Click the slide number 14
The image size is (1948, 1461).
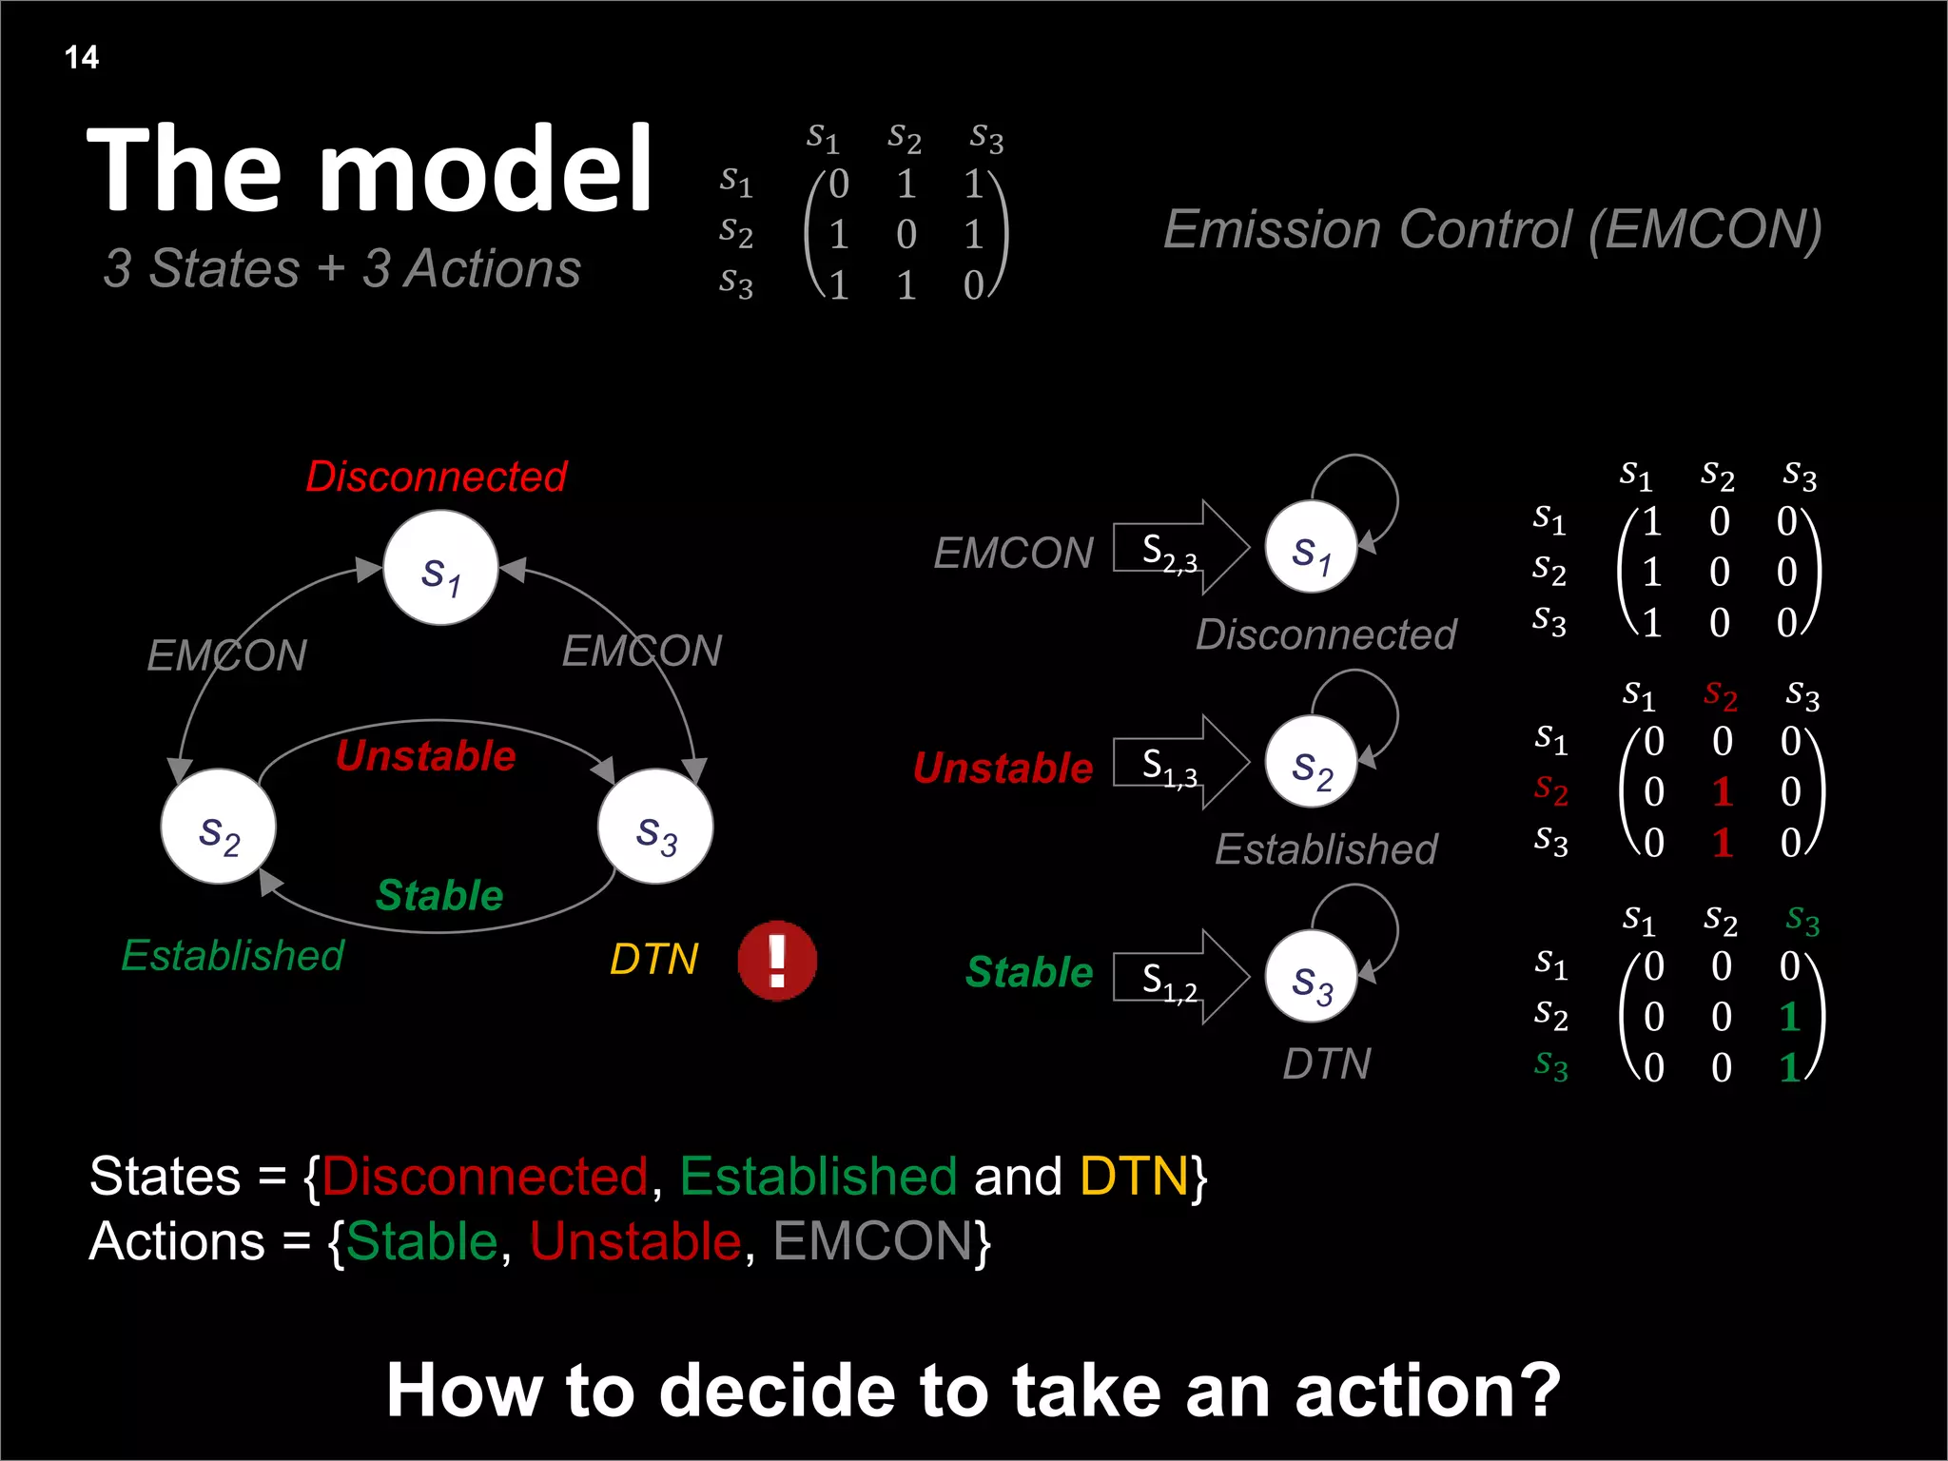point(82,57)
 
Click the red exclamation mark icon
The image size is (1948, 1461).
point(777,961)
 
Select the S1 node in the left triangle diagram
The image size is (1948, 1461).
point(440,568)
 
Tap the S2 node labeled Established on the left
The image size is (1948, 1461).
point(219,827)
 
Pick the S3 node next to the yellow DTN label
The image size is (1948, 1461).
point(655,827)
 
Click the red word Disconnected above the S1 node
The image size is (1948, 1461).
point(436,477)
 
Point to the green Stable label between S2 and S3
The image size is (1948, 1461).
point(439,895)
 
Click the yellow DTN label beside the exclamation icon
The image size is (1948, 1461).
point(654,959)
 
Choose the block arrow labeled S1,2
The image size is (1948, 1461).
point(1179,978)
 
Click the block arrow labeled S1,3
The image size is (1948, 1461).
point(1179,763)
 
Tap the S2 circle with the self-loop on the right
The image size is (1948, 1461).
point(1311,762)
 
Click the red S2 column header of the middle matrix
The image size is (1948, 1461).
point(1720,695)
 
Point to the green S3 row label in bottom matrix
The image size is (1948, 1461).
point(1550,1064)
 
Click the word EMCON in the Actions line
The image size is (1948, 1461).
point(872,1241)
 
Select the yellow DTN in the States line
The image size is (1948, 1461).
point(1134,1177)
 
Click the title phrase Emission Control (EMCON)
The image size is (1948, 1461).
point(1492,229)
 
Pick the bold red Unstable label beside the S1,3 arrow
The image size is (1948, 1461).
point(1003,768)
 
